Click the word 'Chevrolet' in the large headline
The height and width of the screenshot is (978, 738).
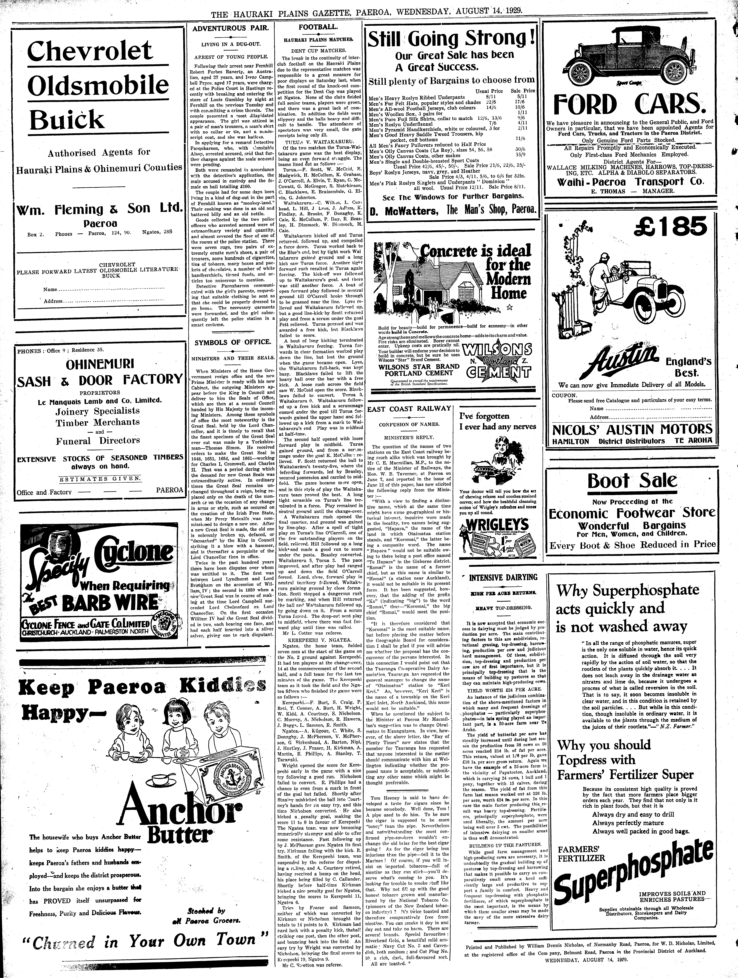[x=90, y=52]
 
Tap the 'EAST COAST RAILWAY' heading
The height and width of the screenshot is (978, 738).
[x=409, y=409]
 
